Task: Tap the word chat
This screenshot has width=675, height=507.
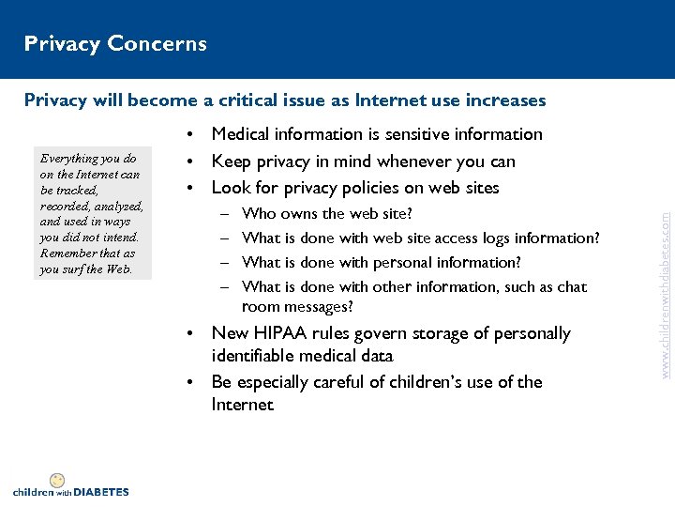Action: pyautogui.click(x=571, y=286)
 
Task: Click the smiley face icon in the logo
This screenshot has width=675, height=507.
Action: pyautogui.click(x=57, y=480)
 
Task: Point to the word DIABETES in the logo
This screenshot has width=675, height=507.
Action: pyautogui.click(x=100, y=491)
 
